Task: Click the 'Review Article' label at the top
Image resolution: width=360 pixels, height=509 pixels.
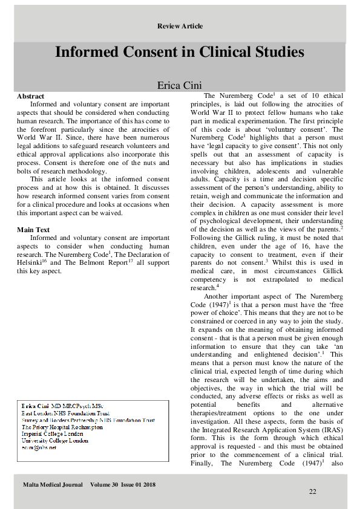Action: (180, 26)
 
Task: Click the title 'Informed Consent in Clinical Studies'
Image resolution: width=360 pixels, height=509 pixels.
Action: (180, 52)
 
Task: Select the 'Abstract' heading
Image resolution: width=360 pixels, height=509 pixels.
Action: (31, 96)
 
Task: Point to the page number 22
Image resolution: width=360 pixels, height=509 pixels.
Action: (312, 492)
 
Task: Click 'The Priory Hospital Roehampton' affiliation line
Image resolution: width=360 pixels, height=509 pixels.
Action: (62, 427)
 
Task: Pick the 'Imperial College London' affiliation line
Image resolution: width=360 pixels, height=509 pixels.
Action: (52, 433)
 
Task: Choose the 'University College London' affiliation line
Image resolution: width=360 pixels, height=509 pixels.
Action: (54, 441)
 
